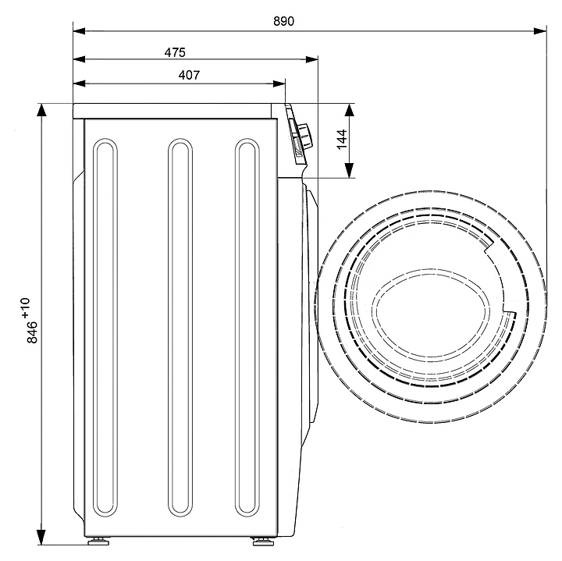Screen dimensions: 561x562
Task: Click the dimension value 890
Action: coord(283,21)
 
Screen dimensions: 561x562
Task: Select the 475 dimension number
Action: coord(174,52)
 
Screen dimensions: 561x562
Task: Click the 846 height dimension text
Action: coord(33,332)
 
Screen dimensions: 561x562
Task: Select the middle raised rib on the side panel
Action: coord(180,328)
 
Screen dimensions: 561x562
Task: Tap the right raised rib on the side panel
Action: coord(247,328)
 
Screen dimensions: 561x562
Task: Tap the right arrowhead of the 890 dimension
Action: coord(540,31)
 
